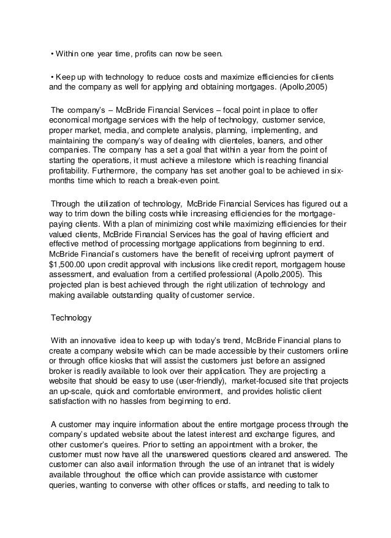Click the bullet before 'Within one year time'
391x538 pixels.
tap(52, 53)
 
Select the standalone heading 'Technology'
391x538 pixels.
tap(71, 318)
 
